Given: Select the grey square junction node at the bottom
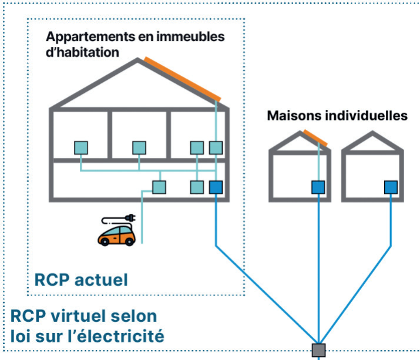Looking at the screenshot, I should (x=319, y=350).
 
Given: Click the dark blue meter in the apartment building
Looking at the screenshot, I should (x=216, y=187).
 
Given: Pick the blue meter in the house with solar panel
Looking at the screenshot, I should (x=318, y=187).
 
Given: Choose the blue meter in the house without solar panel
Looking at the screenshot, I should (x=391, y=187).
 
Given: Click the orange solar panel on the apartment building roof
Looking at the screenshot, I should (x=183, y=79).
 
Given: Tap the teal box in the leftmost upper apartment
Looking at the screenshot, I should (x=81, y=147).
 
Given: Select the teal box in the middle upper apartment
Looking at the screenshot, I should (x=139, y=147).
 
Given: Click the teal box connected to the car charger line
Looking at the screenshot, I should (x=159, y=187).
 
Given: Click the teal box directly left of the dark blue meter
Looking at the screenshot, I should (x=197, y=187).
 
